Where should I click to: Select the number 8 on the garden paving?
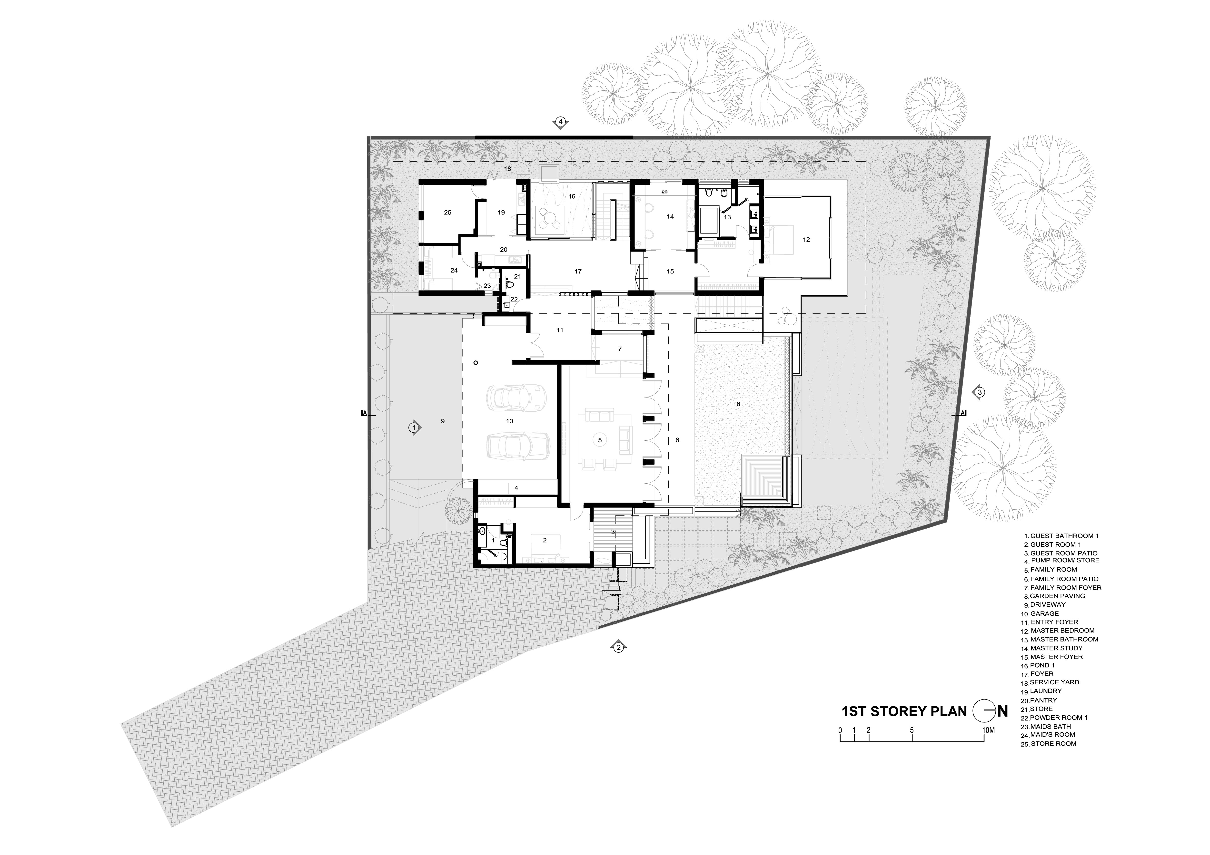tap(738, 404)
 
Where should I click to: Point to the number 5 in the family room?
tap(599, 439)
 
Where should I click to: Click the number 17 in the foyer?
tap(578, 271)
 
